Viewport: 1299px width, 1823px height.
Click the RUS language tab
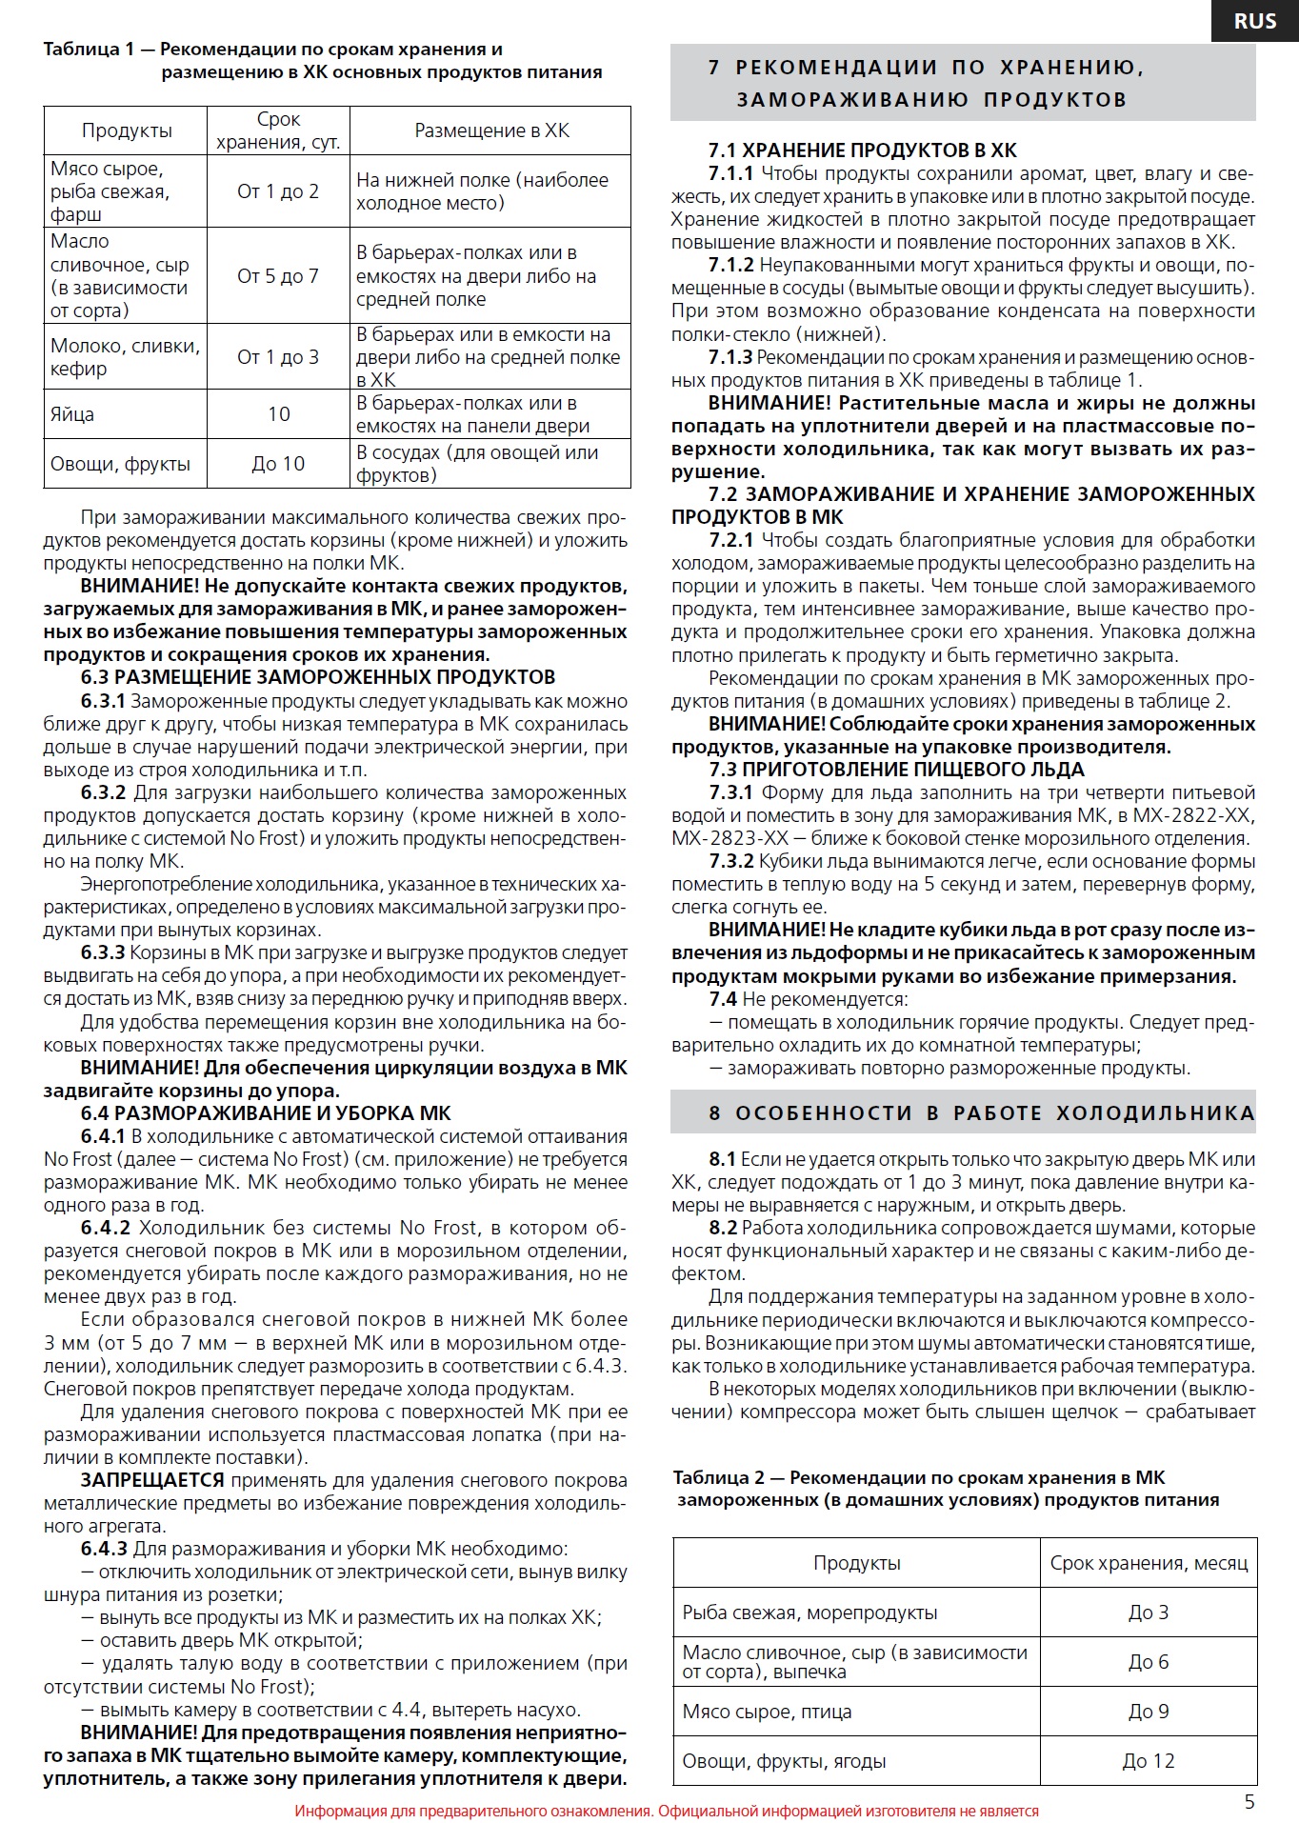tap(1254, 21)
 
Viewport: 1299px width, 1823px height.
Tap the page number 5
tap(1249, 1801)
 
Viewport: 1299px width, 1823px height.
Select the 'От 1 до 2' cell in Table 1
tap(278, 191)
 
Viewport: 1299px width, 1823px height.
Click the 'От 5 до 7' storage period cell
tap(278, 276)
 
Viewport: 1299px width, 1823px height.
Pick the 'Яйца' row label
tap(72, 414)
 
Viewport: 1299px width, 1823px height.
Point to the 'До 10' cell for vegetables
tap(278, 464)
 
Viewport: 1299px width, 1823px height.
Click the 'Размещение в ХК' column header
tap(491, 130)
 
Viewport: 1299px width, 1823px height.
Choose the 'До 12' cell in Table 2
tap(1149, 1761)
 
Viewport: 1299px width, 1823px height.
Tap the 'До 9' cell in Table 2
tap(1149, 1712)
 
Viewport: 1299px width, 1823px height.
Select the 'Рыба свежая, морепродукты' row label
tap(809, 1613)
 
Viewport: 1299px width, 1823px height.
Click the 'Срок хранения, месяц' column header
tap(1149, 1563)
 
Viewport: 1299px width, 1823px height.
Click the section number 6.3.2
tap(103, 792)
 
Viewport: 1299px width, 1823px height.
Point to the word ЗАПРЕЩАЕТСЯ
tap(152, 1480)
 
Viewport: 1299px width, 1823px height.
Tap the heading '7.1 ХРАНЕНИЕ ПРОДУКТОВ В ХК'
tap(862, 150)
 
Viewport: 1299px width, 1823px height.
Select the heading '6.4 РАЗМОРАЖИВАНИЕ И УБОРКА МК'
tap(266, 1113)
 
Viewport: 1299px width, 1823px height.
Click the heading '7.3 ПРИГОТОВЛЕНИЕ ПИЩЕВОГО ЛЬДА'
tap(896, 770)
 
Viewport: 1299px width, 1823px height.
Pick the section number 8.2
tap(722, 1228)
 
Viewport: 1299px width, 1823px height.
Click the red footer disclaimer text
tap(667, 1811)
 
